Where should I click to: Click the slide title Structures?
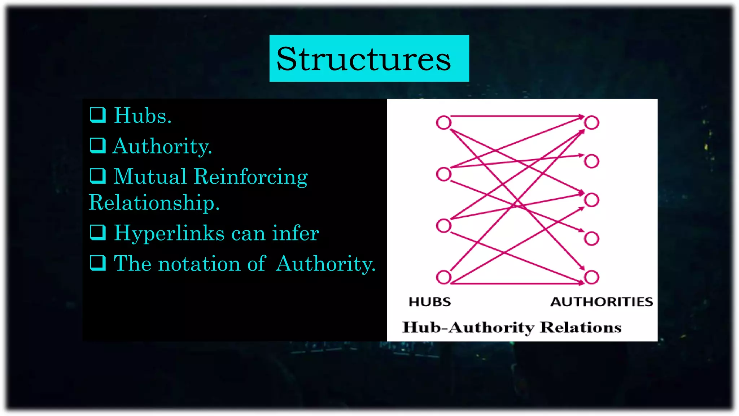[364, 59]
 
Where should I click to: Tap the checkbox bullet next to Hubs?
[98, 115]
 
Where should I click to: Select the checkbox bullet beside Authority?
[98, 146]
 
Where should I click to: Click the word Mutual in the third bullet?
[150, 177]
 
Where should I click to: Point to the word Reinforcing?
[250, 177]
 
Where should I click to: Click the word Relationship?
[154, 203]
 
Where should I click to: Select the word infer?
[296, 233]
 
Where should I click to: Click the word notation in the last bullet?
[199, 263]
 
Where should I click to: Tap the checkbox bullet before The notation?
[98, 263]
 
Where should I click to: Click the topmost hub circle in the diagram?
[443, 122]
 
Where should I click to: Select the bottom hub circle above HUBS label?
[443, 277]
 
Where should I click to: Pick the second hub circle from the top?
[443, 174]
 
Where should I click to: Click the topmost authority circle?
[591, 122]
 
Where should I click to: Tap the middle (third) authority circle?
[591, 200]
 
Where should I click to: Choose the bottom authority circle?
[591, 277]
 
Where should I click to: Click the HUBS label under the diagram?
[430, 302]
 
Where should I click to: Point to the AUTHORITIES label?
[602, 302]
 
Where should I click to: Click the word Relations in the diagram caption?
[581, 327]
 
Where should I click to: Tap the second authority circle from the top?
[591, 161]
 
